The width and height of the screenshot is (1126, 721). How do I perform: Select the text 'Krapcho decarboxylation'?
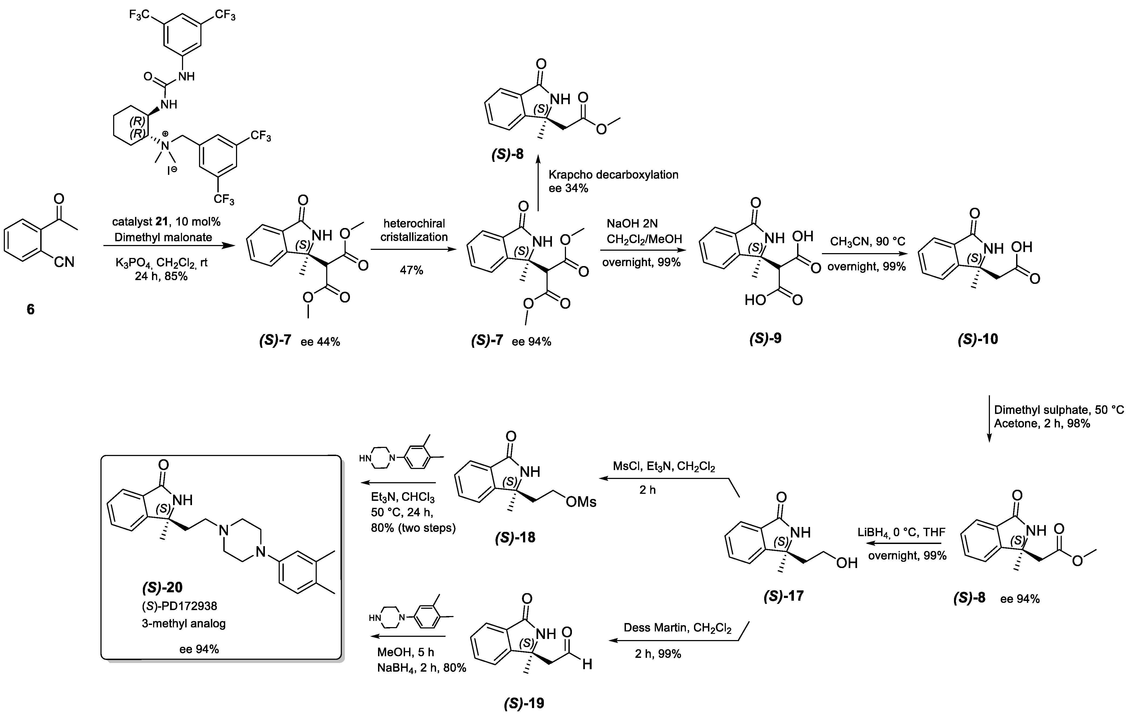[x=613, y=175]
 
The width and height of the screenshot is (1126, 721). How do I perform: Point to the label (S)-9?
[x=765, y=338]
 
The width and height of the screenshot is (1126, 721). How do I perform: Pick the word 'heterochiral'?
[x=414, y=223]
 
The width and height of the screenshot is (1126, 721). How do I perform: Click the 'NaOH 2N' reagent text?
[x=632, y=223]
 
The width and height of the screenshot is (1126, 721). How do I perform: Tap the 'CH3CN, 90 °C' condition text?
[x=867, y=242]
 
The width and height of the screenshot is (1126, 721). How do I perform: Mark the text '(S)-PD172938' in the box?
[x=179, y=606]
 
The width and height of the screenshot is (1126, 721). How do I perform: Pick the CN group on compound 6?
[x=64, y=262]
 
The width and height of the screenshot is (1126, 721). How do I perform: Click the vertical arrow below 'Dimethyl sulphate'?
[x=989, y=419]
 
